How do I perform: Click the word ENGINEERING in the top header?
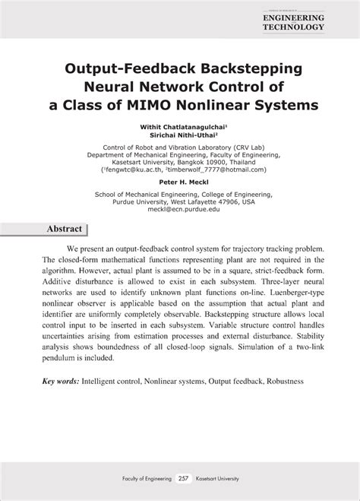point(293,17)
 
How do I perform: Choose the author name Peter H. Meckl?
point(180,182)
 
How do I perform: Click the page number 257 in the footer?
point(182,479)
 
